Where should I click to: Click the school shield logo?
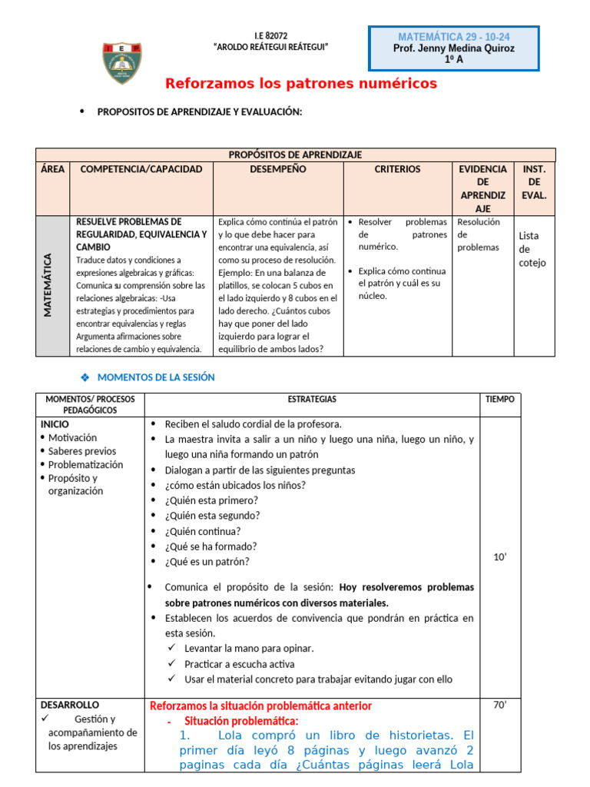pyautogui.click(x=122, y=64)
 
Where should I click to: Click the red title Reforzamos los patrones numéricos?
pyautogui.click(x=301, y=83)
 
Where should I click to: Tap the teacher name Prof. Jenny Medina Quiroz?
pyautogui.click(x=453, y=48)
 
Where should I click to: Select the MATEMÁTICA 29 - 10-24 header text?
pyautogui.click(x=453, y=37)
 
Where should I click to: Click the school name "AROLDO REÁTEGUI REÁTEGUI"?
pyautogui.click(x=270, y=48)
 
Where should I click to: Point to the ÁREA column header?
pyautogui.click(x=52, y=169)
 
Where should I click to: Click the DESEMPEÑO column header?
pyautogui.click(x=277, y=169)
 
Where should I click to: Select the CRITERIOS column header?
pyautogui.click(x=397, y=169)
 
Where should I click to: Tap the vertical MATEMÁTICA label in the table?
pyautogui.click(x=48, y=285)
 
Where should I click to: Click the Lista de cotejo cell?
pyautogui.click(x=532, y=249)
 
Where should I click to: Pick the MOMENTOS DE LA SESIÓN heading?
pyautogui.click(x=156, y=377)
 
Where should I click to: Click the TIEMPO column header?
pyautogui.click(x=500, y=400)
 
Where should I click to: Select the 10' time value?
pyautogui.click(x=500, y=557)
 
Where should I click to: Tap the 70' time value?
pyautogui.click(x=500, y=705)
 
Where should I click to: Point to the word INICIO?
pyautogui.click(x=55, y=424)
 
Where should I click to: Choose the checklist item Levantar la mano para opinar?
pyautogui.click(x=249, y=649)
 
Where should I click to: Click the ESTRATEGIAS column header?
pyautogui.click(x=312, y=400)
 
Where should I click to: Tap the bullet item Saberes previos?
pyautogui.click(x=82, y=451)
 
